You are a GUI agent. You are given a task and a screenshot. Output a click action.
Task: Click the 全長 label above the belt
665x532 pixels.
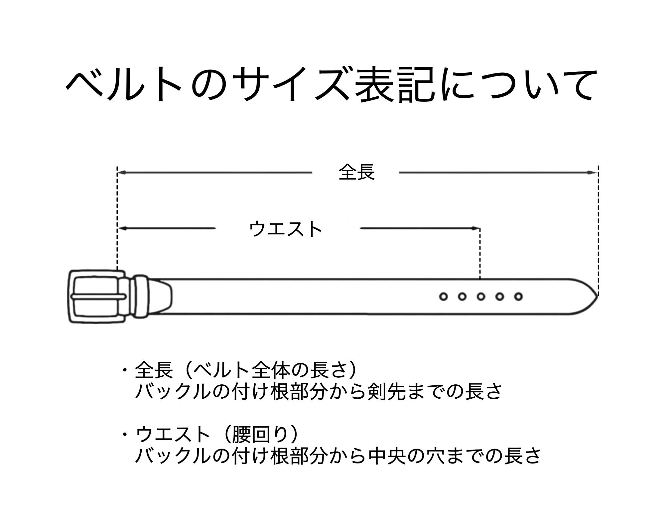pyautogui.click(x=356, y=172)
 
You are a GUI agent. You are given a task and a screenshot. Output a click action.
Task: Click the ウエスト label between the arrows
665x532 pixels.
pyautogui.click(x=286, y=229)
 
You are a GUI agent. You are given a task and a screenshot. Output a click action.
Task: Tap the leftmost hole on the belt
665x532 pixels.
pyautogui.click(x=443, y=296)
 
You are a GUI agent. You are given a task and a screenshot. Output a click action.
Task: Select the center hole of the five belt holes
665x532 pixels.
pyautogui.click(x=481, y=296)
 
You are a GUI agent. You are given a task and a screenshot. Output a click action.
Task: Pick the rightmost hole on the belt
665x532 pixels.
pyautogui.click(x=518, y=296)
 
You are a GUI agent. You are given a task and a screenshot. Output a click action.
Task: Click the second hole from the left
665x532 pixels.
pyautogui.click(x=462, y=296)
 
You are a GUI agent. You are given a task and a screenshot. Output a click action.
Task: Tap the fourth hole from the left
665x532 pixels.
pyautogui.click(x=500, y=296)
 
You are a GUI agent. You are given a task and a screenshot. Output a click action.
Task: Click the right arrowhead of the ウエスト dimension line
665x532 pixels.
pyautogui.click(x=475, y=228)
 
